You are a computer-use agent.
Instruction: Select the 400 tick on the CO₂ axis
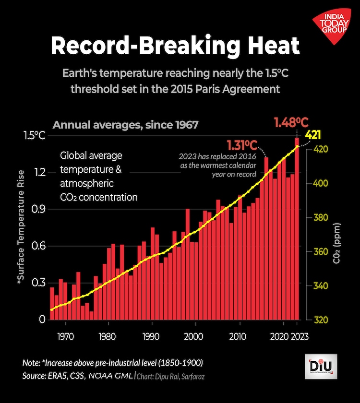point(321,183)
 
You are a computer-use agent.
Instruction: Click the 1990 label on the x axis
point(151,336)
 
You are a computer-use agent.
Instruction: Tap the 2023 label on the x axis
point(300,336)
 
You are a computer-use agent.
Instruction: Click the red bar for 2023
point(297,230)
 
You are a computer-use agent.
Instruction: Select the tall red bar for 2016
point(266,240)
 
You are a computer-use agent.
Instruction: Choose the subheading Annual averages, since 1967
point(125,125)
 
